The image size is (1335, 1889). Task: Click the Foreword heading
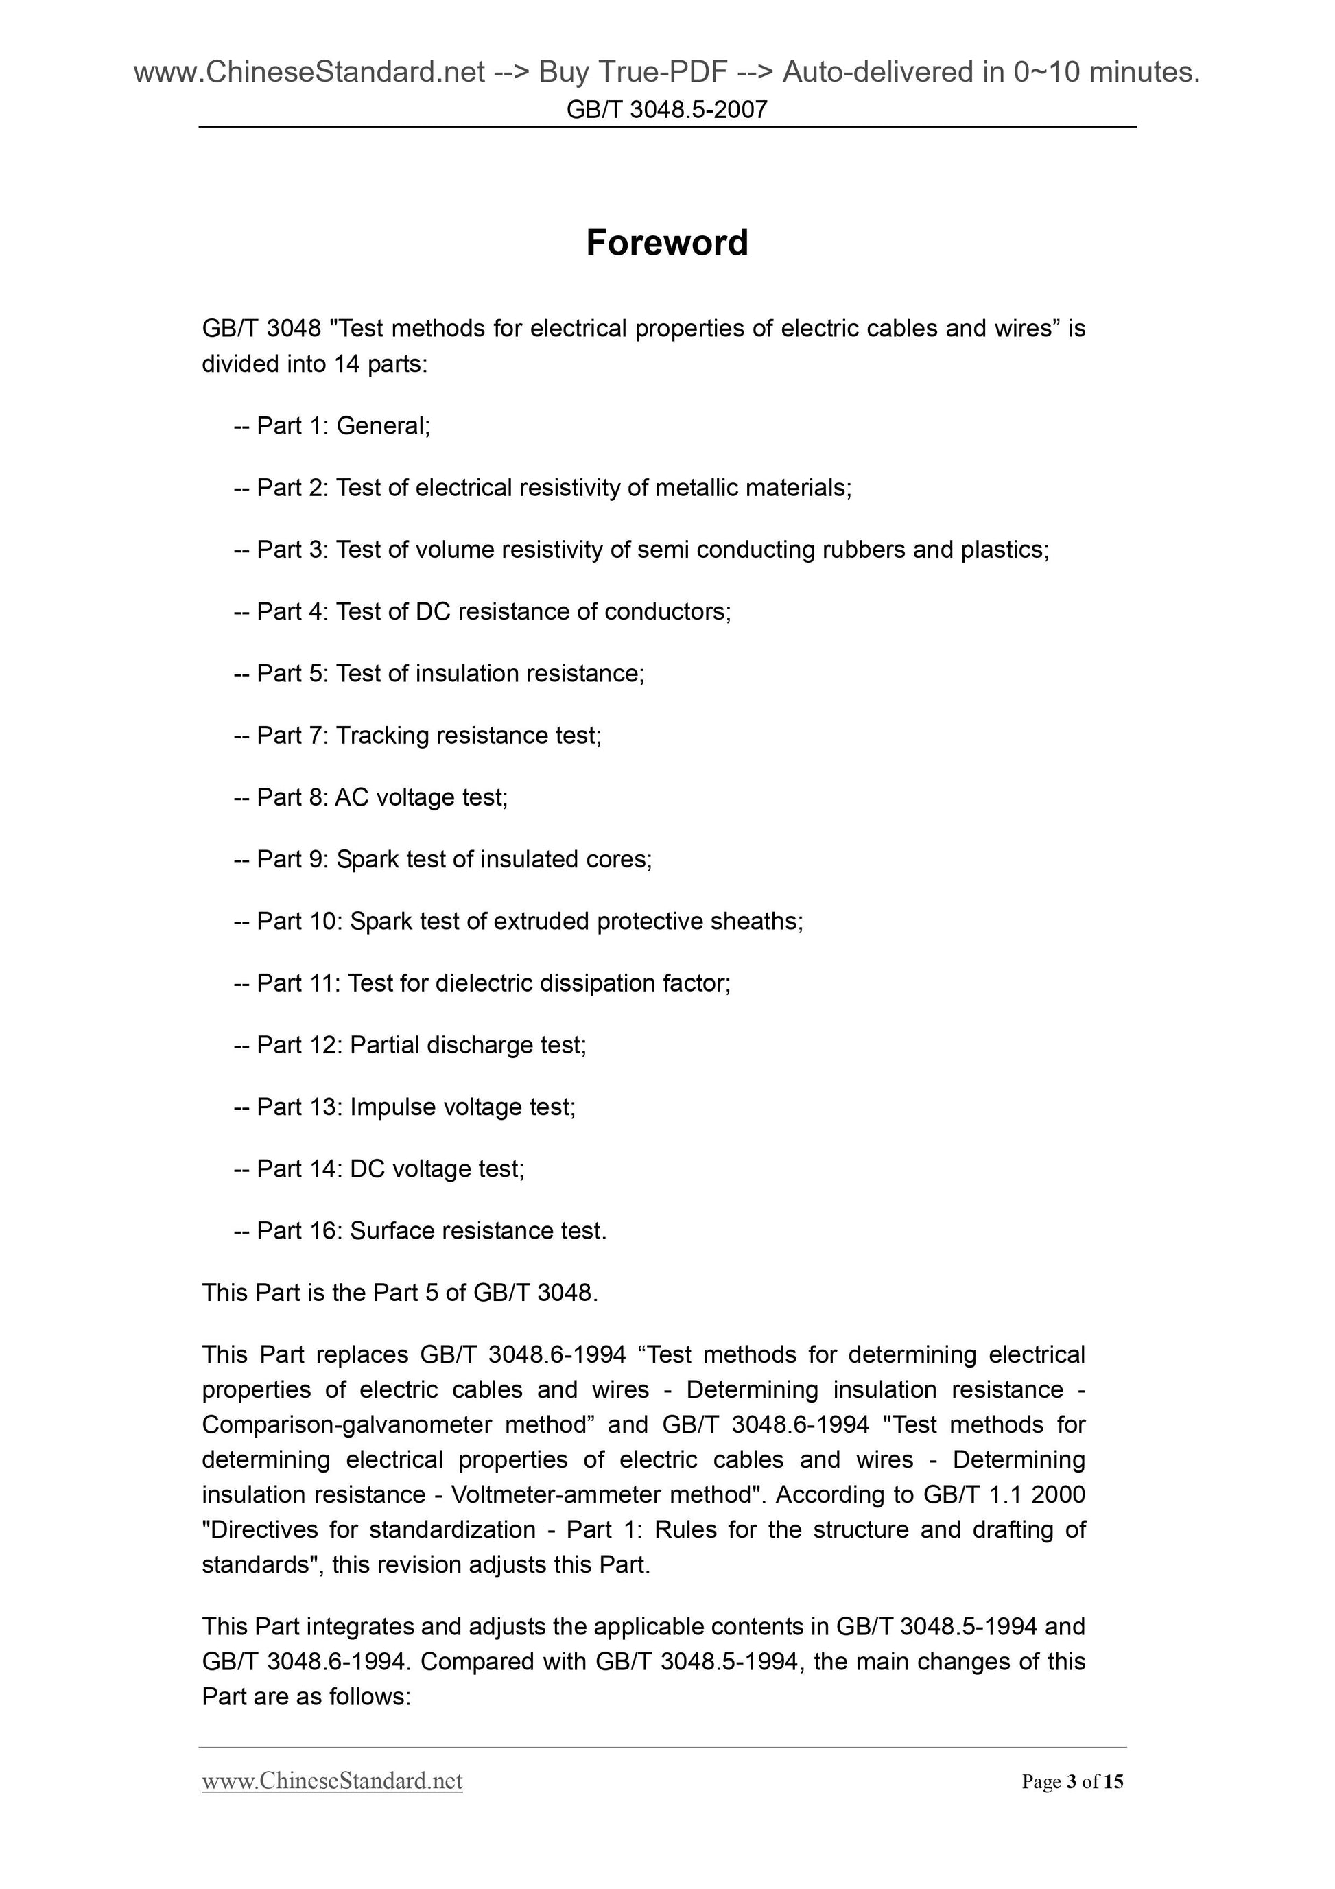coord(666,243)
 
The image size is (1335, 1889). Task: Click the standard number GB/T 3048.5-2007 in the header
coord(666,109)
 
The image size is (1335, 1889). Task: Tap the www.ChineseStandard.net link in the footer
coord(332,1781)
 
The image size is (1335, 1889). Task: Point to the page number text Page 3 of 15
coord(1072,1782)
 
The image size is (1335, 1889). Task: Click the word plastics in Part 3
coord(1004,550)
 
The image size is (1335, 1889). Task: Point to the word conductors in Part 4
coord(666,611)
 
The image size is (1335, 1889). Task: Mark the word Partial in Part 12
coord(383,1045)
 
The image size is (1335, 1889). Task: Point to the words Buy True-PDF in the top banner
coord(633,73)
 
